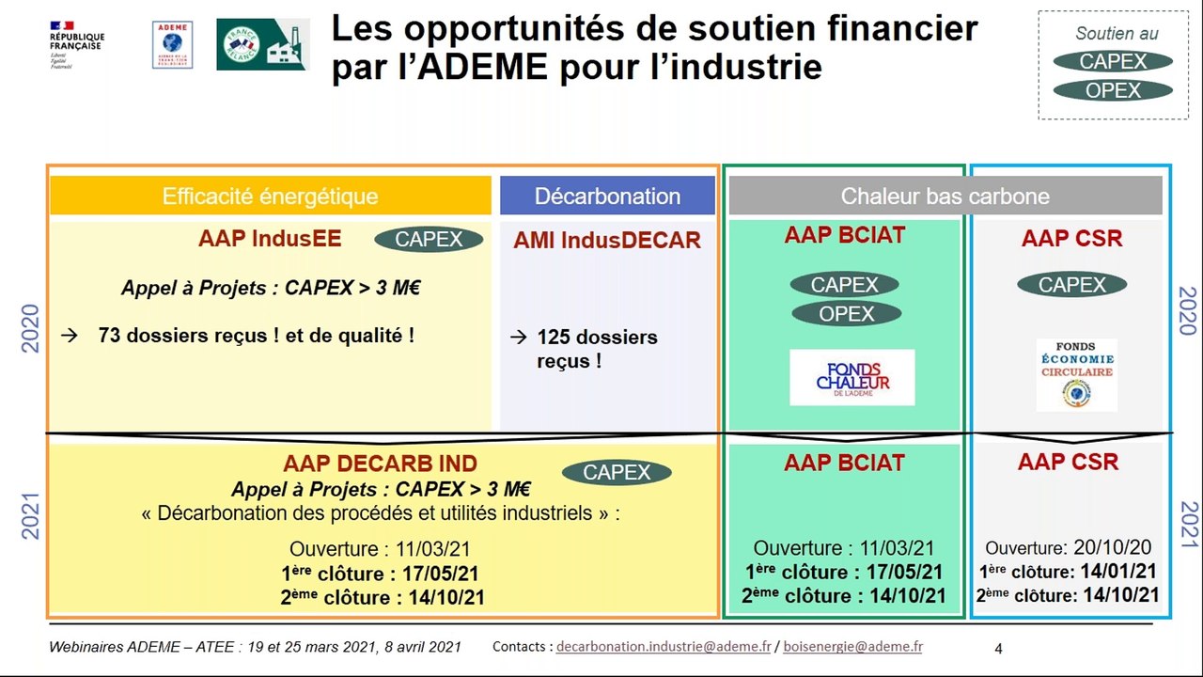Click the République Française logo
77,45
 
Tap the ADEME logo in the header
172,45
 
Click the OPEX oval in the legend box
1113,91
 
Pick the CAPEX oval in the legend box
1113,62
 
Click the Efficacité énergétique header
270,196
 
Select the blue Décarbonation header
607,196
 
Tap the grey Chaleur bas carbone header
945,196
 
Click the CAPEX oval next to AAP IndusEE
429,239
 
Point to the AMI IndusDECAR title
607,241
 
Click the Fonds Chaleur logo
851,377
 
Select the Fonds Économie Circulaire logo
1076,374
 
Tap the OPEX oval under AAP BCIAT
846,314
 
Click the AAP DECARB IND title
380,464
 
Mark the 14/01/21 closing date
1119,571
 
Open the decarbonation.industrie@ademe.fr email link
663,647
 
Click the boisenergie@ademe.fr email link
852,647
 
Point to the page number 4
998,648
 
